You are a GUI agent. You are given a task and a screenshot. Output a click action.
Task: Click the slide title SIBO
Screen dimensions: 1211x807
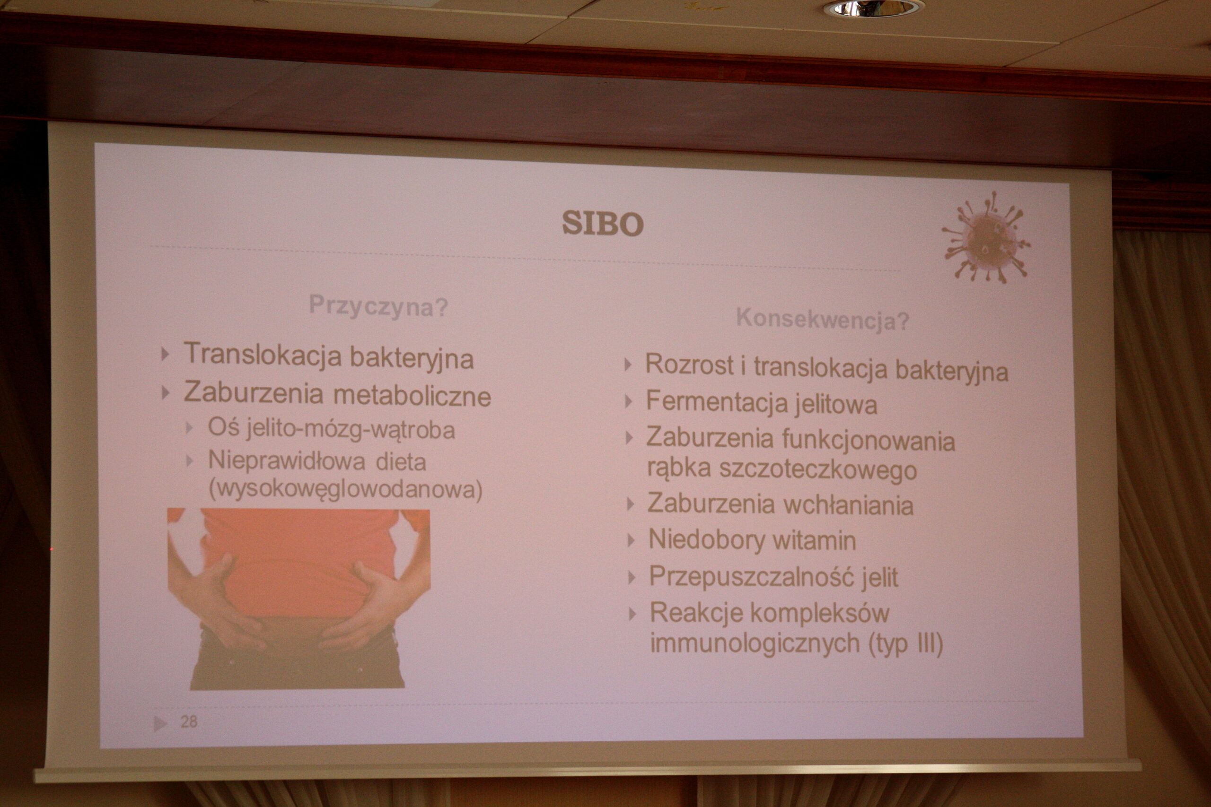[x=602, y=223]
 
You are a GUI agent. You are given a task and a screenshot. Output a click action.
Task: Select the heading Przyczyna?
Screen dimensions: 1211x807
[x=378, y=307]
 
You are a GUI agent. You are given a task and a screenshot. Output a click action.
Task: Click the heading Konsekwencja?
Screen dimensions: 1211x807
[x=823, y=320]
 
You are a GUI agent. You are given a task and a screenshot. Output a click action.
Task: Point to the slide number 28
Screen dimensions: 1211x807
[x=189, y=721]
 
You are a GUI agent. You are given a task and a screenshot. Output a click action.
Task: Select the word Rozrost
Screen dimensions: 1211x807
[x=689, y=364]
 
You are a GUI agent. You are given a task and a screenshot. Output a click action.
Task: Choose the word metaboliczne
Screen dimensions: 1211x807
[x=412, y=396]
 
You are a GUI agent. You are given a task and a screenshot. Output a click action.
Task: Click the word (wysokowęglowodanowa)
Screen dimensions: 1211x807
[x=345, y=489]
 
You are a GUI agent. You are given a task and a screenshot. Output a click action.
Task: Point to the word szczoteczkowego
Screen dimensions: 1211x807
[x=818, y=470]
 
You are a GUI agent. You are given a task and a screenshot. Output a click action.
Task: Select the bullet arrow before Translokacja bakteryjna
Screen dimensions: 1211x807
[x=165, y=354]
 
